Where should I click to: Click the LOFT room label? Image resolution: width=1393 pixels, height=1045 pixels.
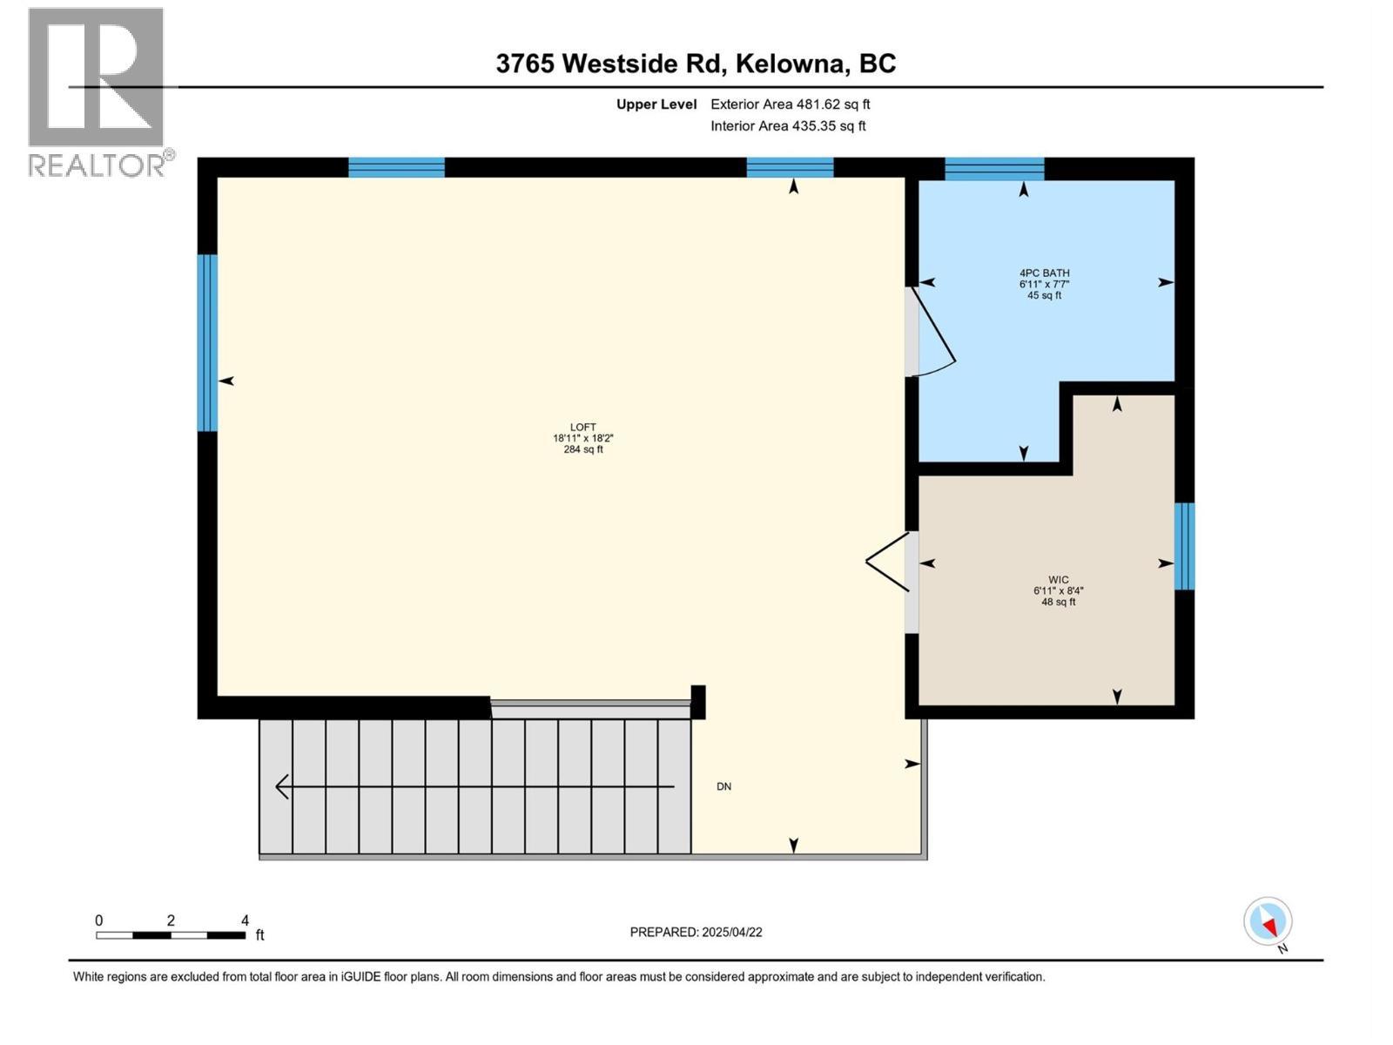click(x=582, y=427)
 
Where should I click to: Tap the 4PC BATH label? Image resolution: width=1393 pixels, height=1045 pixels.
click(x=1044, y=273)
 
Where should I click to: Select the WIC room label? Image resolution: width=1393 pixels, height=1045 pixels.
click(x=1058, y=579)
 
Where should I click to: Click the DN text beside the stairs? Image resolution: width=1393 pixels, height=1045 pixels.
click(x=723, y=786)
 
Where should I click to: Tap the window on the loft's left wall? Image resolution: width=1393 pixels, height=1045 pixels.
click(x=207, y=342)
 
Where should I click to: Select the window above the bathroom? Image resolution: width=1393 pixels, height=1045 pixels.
click(x=994, y=168)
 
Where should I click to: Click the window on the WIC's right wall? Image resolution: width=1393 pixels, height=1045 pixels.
click(x=1184, y=546)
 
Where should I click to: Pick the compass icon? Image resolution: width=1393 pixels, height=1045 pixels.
click(x=1268, y=921)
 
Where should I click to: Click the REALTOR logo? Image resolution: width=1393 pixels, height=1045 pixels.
click(x=97, y=91)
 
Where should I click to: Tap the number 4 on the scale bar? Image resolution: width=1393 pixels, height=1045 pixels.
click(x=245, y=920)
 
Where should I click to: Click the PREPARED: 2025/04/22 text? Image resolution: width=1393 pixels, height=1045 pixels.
click(x=696, y=932)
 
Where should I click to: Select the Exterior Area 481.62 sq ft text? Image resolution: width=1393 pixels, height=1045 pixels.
click(x=790, y=104)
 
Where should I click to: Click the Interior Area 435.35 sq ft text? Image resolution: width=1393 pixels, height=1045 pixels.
click(x=788, y=125)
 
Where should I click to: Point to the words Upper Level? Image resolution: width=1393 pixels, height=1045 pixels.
click(x=656, y=104)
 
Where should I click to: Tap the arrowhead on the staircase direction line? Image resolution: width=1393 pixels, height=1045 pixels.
click(x=282, y=786)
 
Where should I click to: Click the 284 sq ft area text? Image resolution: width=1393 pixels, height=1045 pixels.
click(x=582, y=449)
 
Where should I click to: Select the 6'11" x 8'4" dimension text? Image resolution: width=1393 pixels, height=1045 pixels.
click(x=1058, y=590)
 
